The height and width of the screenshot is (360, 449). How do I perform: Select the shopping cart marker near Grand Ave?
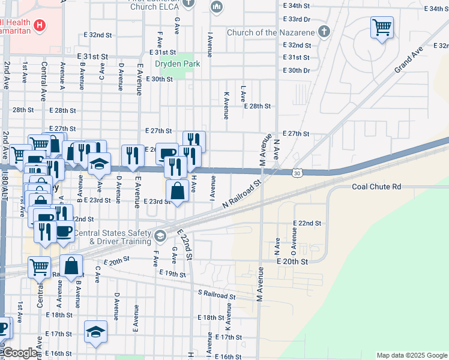pyautogui.click(x=382, y=27)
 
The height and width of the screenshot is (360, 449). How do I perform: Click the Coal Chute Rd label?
pyautogui.click(x=376, y=187)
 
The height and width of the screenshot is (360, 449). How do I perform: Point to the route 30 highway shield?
pyautogui.click(x=298, y=173)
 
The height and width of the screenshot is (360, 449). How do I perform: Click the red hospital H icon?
pyautogui.click(x=40, y=26)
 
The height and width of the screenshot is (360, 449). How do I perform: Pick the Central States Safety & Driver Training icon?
pyautogui.click(x=160, y=235)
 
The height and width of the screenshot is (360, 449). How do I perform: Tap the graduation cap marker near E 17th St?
pyautogui.click(x=95, y=332)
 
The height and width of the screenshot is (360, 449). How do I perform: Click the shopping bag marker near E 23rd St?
pyautogui.click(x=178, y=191)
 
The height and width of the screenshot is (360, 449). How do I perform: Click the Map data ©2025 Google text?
pyautogui.click(x=412, y=355)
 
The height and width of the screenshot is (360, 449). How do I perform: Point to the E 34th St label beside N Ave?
pyautogui.click(x=296, y=5)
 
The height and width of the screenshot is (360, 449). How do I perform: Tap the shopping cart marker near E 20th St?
pyautogui.click(x=40, y=266)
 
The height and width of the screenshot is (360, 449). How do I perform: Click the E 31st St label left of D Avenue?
pyautogui.click(x=92, y=56)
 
